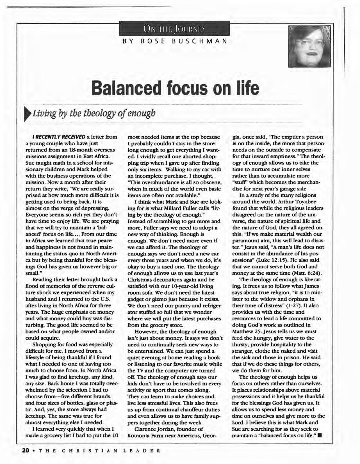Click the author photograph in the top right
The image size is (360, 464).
(x=310, y=46)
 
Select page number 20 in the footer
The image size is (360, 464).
(x=26, y=451)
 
